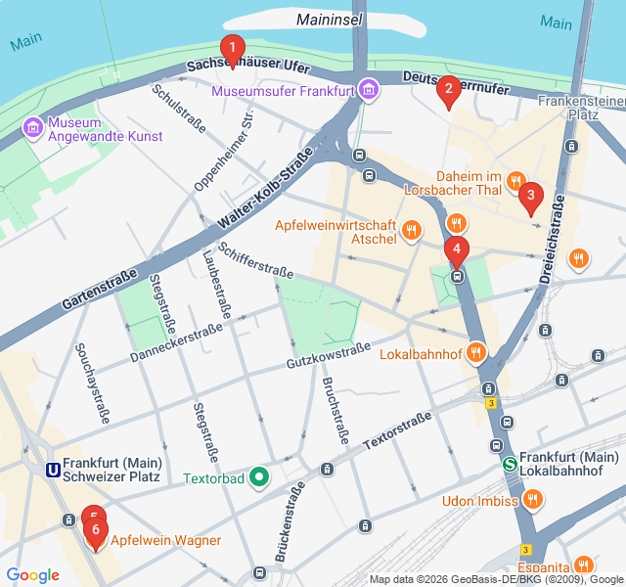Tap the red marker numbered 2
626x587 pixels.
448,92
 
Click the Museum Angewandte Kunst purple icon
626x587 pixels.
32,127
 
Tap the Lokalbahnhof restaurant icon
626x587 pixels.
476,351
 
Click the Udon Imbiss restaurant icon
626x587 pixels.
533,500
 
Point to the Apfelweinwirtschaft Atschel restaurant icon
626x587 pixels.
412,231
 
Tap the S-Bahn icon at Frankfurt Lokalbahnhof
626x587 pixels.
509,465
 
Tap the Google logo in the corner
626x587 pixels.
32,575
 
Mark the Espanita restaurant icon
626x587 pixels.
583,565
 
